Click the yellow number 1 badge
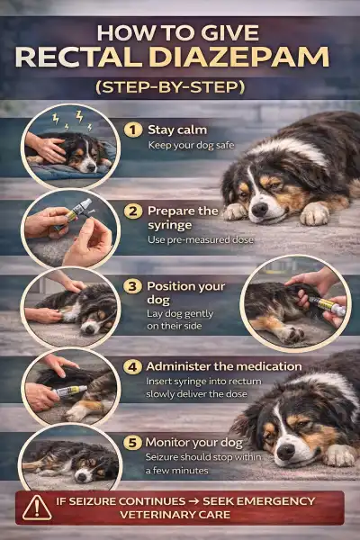(132, 130)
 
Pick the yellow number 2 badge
(132, 211)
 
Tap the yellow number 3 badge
(132, 286)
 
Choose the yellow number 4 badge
(132, 366)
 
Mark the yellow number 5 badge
(132, 441)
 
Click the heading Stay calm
(172, 130)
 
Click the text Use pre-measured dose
(199, 241)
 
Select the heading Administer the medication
(224, 366)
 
